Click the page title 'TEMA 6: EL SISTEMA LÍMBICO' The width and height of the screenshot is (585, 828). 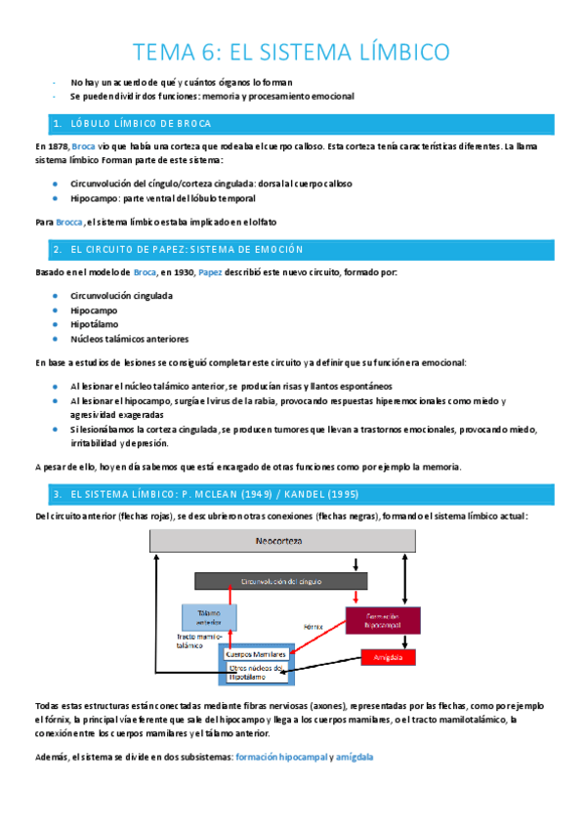coord(291,51)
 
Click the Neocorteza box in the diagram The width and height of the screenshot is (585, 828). coord(278,540)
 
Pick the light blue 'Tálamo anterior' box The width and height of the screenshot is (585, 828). coord(209,616)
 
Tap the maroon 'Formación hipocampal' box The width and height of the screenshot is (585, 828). coord(382,618)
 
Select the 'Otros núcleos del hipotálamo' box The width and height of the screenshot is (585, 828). coord(256,673)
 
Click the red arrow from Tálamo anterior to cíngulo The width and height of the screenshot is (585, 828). coord(230,597)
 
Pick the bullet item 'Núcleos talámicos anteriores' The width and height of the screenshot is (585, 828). coord(129,339)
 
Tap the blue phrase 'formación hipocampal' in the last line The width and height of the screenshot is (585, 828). coord(279,757)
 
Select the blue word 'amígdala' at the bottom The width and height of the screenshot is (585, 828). coord(354,757)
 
